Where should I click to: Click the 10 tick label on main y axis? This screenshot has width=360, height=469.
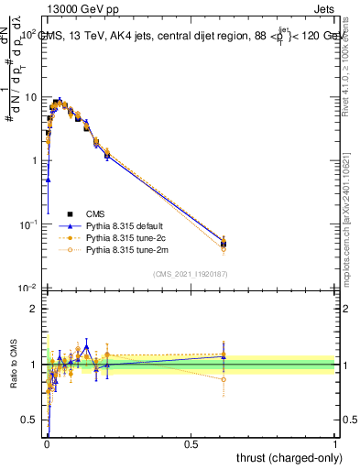tap(30, 96)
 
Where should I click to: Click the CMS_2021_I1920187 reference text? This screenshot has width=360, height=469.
tap(191, 273)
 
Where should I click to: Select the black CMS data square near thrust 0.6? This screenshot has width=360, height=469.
tap(224, 244)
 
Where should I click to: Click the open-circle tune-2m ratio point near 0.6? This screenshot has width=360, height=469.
tap(224, 379)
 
